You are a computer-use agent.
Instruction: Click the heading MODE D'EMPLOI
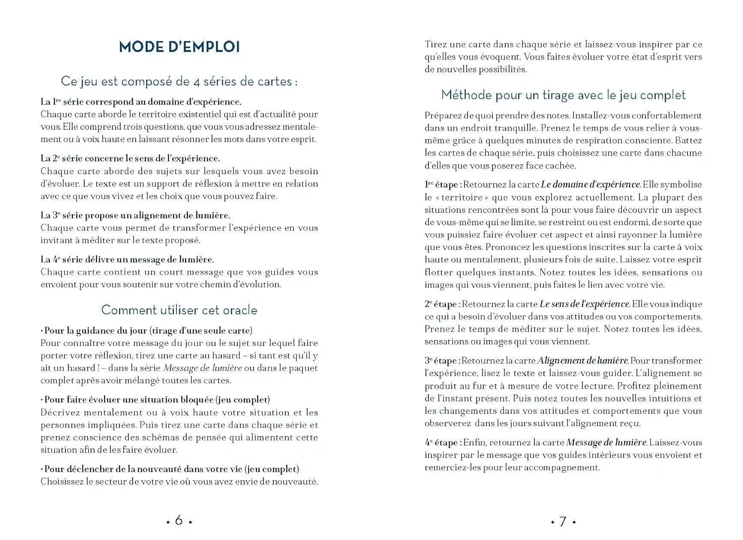pos(179,47)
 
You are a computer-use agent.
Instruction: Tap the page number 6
pos(179,520)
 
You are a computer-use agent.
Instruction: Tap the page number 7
pos(563,521)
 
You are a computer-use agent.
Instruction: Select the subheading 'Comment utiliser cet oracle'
pos(179,310)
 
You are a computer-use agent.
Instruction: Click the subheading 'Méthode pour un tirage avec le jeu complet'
pos(563,95)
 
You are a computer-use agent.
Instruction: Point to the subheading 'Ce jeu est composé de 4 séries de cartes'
pos(179,81)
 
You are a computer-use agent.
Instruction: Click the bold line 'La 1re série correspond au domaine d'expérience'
pos(141,102)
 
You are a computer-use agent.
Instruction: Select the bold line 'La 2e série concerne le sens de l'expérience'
pos(130,158)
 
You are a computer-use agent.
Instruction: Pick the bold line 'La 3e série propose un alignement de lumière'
pos(135,215)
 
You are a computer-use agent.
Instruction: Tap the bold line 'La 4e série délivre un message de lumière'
pos(127,259)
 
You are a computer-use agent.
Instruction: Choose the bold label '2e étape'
pos(442,304)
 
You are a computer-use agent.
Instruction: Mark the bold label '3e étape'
pos(442,361)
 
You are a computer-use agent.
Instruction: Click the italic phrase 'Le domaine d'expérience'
pos(590,185)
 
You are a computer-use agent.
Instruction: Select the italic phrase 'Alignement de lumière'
pos(583,361)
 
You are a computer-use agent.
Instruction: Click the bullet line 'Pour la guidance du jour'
pos(147,331)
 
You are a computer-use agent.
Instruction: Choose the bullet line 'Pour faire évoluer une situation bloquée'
pos(156,399)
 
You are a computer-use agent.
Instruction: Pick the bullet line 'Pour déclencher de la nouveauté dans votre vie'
pos(170,469)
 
